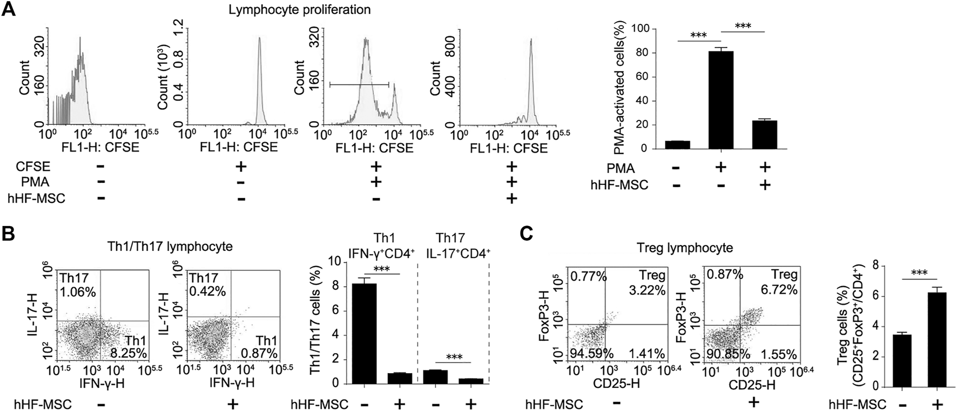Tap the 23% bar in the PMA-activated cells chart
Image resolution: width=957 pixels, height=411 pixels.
pyautogui.click(x=764, y=135)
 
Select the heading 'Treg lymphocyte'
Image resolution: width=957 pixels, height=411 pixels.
pyautogui.click(x=689, y=248)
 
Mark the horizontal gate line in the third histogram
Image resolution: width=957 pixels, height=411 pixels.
pyautogui.click(x=359, y=84)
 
